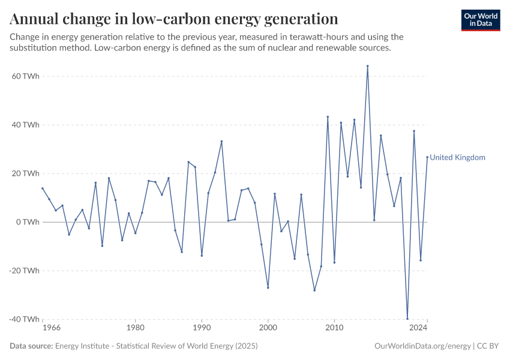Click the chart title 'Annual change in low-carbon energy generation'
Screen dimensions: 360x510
click(173, 19)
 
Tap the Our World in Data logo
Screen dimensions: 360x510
click(480, 20)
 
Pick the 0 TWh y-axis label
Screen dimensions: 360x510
click(28, 222)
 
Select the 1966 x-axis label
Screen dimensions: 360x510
click(51, 328)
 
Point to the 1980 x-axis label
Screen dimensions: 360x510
click(135, 328)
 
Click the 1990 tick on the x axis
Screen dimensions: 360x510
click(202, 328)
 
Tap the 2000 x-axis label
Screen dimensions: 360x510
click(268, 328)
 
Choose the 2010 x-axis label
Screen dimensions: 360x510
click(334, 328)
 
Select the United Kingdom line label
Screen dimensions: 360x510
click(457, 158)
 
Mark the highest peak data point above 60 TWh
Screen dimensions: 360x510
click(367, 66)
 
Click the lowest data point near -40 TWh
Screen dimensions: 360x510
click(407, 319)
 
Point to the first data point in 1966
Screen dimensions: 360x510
click(43, 188)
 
